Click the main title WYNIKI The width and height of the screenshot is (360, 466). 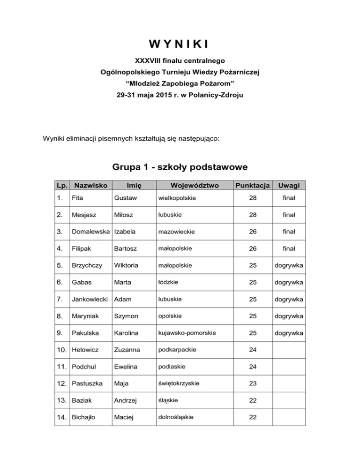(x=180, y=45)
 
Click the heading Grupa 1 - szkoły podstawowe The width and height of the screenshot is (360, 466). (x=180, y=167)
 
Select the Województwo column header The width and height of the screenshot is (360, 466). (x=195, y=185)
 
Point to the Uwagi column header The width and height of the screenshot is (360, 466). (x=289, y=185)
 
